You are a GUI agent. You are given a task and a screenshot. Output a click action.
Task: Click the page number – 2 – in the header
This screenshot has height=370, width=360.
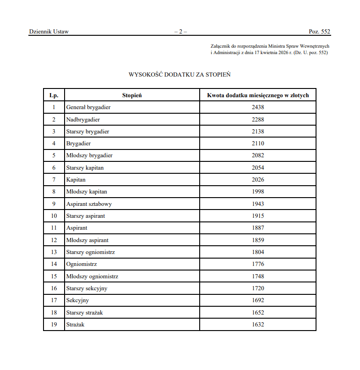[x=180, y=32]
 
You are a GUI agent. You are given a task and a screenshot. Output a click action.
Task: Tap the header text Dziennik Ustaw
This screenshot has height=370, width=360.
[x=49, y=32]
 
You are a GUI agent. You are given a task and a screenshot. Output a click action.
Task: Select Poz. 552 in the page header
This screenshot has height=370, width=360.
[x=319, y=32]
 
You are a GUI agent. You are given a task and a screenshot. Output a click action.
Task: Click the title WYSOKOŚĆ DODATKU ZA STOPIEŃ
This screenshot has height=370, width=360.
[x=180, y=74]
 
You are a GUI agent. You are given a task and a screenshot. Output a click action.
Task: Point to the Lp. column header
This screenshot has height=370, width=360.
[x=54, y=95]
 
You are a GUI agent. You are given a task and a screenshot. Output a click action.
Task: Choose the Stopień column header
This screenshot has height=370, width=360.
[x=132, y=95]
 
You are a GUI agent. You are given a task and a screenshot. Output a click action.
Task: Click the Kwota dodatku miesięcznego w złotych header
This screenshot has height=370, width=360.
[x=258, y=95]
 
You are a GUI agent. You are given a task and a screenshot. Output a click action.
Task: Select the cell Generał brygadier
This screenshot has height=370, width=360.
[x=88, y=107]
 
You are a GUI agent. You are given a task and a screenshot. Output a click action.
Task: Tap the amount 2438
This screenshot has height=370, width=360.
[x=258, y=107]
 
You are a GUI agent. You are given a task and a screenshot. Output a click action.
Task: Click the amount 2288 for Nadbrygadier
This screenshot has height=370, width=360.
[x=258, y=120]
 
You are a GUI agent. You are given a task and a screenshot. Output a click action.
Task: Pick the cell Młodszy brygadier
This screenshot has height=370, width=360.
[x=89, y=155]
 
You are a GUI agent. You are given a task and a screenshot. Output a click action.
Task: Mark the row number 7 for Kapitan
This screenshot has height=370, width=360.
[x=54, y=180]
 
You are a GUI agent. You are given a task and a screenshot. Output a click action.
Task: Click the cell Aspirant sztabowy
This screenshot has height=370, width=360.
[x=89, y=204]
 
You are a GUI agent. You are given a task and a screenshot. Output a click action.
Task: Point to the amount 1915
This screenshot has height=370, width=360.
[x=258, y=216]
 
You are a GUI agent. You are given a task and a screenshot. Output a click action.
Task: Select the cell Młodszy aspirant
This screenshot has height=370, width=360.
[x=87, y=240]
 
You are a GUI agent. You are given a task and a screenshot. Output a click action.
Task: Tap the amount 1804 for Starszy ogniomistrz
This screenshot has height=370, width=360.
[x=258, y=252]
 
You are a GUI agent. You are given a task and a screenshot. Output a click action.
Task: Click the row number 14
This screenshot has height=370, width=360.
[x=54, y=264]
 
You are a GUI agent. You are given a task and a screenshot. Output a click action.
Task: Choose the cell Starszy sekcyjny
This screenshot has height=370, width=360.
[x=87, y=288]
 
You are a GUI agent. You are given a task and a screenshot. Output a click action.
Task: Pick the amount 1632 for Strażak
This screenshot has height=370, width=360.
[x=258, y=325]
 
